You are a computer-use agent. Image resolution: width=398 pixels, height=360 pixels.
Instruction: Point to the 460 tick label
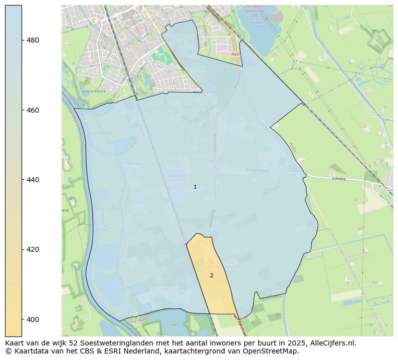click(33, 110)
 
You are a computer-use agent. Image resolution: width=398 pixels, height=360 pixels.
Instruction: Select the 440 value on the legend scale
click(33, 180)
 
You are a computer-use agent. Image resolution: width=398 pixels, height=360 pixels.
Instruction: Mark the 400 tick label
click(33, 319)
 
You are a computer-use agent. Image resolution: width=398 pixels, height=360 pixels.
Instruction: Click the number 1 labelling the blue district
click(195, 187)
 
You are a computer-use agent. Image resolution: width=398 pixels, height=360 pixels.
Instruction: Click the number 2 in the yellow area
click(212, 275)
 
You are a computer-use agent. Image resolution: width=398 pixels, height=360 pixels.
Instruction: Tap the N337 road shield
click(236, 54)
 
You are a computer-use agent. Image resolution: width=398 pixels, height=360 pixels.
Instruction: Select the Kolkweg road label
click(339, 178)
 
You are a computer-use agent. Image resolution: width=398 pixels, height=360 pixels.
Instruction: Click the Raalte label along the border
click(293, 147)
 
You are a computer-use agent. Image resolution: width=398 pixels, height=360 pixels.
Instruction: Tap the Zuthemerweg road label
click(258, 170)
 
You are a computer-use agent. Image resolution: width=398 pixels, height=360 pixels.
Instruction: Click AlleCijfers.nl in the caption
click(331, 343)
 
